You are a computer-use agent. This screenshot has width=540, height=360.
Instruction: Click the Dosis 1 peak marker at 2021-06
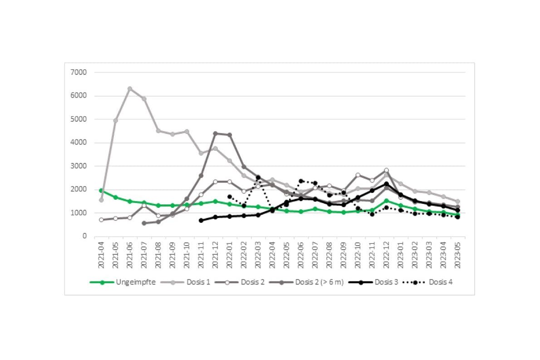pyautogui.click(x=130, y=89)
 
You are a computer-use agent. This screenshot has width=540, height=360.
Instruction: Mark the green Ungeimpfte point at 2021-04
pyautogui.click(x=101, y=190)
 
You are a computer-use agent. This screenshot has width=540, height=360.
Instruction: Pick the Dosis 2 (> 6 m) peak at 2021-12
pyautogui.click(x=215, y=133)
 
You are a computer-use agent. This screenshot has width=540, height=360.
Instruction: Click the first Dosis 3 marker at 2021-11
pyautogui.click(x=201, y=220)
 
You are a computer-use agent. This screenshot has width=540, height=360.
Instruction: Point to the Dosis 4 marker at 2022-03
pyautogui.click(x=258, y=178)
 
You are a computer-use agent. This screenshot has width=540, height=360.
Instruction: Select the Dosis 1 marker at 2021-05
pyautogui.click(x=116, y=120)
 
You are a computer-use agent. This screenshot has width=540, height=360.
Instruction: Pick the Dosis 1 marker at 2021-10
pyautogui.click(x=187, y=132)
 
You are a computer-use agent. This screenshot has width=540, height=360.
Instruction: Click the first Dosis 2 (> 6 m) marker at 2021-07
pyautogui.click(x=144, y=223)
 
